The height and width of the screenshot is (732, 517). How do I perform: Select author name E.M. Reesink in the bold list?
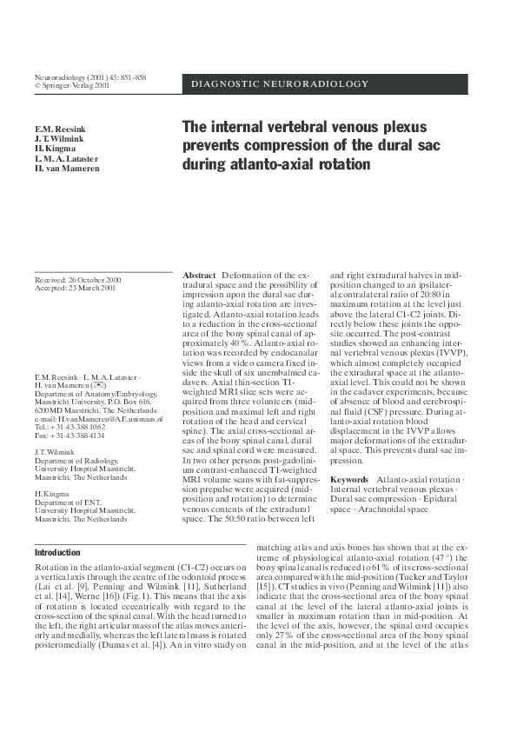tap(59, 130)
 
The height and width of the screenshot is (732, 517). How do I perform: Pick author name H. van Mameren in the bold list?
tap(67, 169)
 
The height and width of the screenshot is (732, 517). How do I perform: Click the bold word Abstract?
tap(200, 276)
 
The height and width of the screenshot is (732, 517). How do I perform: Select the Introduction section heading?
tap(57, 553)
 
